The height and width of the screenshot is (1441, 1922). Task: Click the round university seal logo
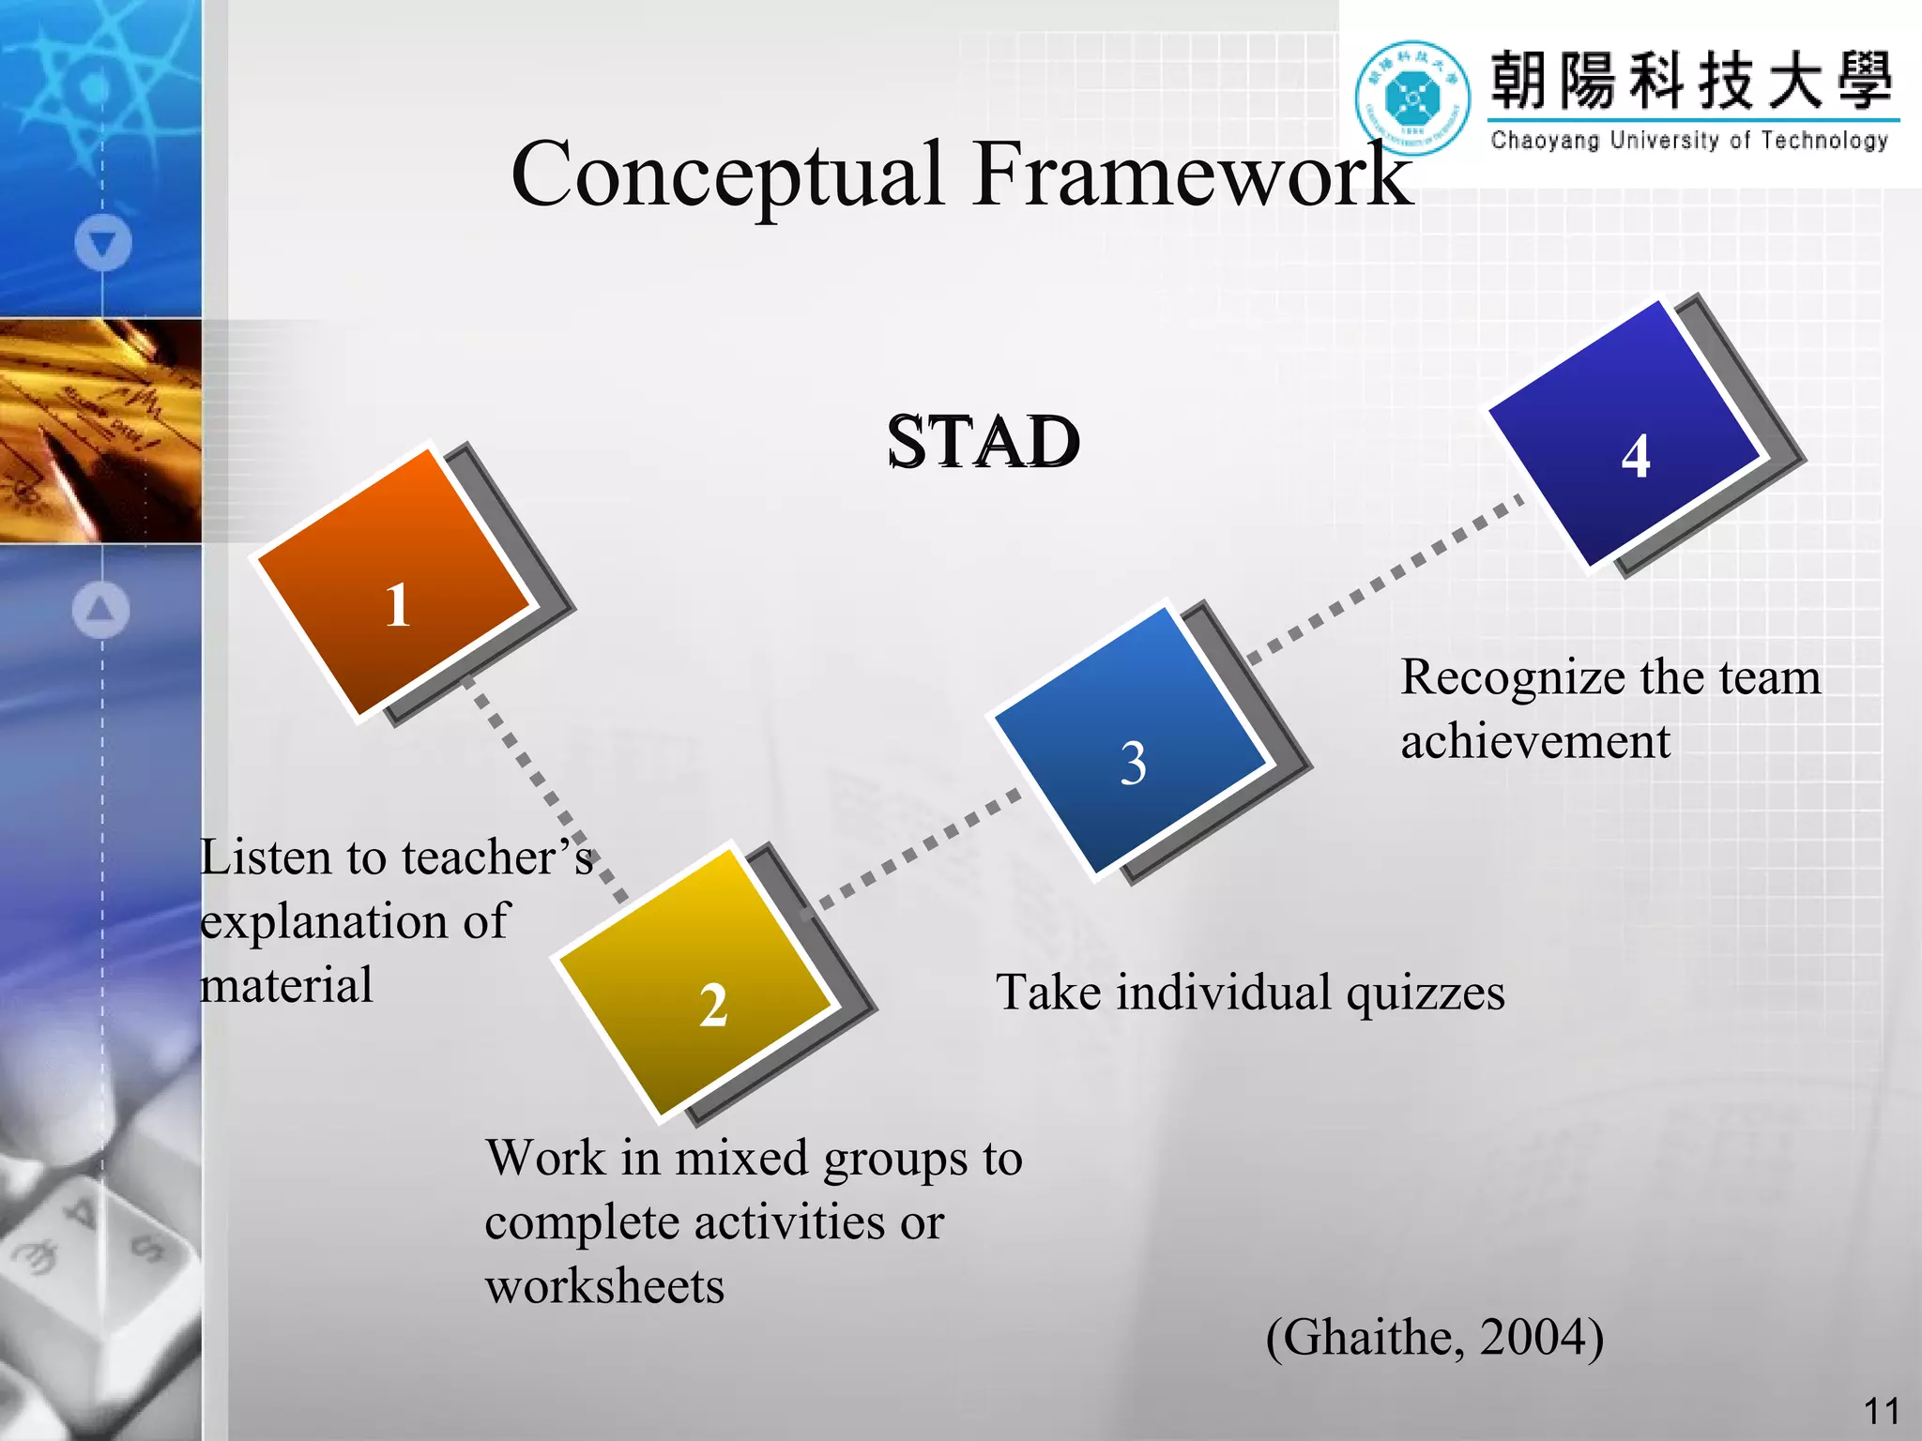(1412, 98)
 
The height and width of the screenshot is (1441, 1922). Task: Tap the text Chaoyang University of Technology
(1689, 141)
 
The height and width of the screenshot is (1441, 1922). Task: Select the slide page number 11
(1881, 1411)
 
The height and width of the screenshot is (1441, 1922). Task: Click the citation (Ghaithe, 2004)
(1435, 1337)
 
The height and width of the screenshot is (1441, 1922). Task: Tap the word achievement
(1535, 741)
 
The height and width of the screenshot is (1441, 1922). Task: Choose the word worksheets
(604, 1286)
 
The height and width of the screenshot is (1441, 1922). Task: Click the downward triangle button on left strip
(103, 243)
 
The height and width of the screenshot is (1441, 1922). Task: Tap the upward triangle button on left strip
(100, 610)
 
